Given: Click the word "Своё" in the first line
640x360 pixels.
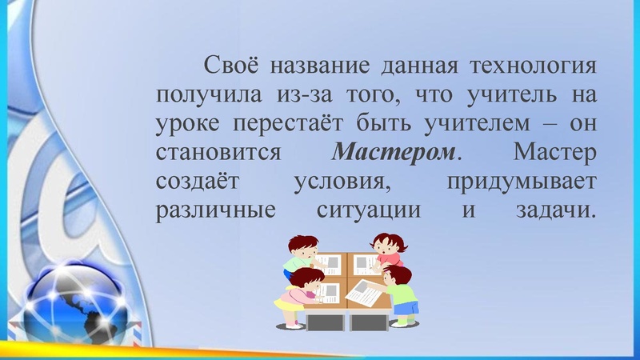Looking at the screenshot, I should pyautogui.click(x=231, y=63).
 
